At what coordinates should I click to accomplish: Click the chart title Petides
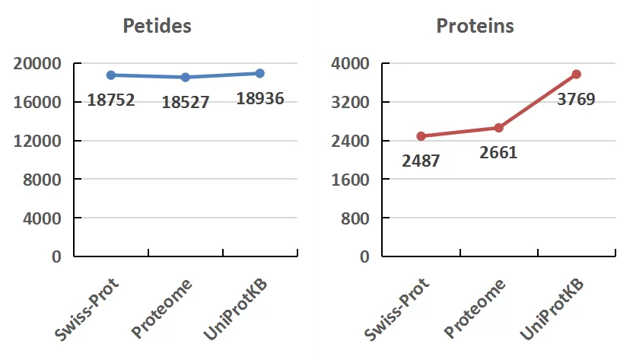coord(157,26)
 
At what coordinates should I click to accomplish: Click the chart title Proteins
coord(475,26)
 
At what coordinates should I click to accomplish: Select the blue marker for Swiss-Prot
coord(111,75)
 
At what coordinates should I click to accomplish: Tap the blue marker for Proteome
coord(186,77)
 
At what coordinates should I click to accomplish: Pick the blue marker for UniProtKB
coord(260,73)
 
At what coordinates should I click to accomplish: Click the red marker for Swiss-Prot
coord(421,136)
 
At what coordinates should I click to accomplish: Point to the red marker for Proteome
coord(499,128)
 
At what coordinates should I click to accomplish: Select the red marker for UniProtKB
coord(577,74)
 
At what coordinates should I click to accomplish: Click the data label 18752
coord(110,100)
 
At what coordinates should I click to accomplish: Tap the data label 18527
coord(185,102)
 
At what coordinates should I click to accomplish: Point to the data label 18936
coord(260,98)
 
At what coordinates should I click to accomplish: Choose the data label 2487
coord(421,161)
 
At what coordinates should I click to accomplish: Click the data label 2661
coord(498,152)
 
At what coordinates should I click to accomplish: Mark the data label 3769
coord(576,99)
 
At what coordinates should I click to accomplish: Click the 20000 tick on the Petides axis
coord(37,63)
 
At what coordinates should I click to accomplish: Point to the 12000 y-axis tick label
coord(37,141)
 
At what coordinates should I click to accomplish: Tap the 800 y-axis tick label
coord(358,218)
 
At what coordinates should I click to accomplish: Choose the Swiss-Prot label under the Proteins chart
coord(398,311)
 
